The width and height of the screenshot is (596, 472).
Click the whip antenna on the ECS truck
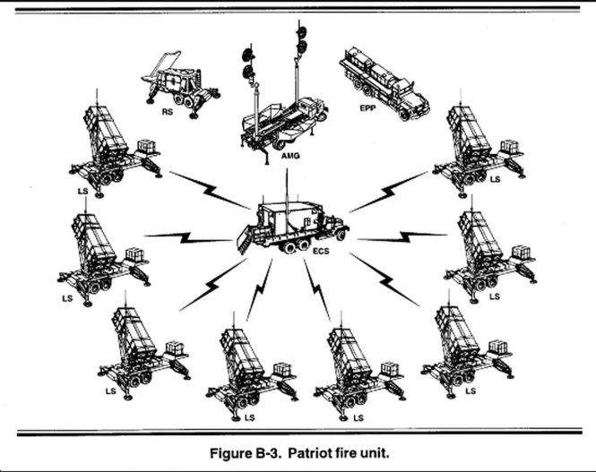(x=288, y=184)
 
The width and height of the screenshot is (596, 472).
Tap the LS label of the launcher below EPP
(x=494, y=179)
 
